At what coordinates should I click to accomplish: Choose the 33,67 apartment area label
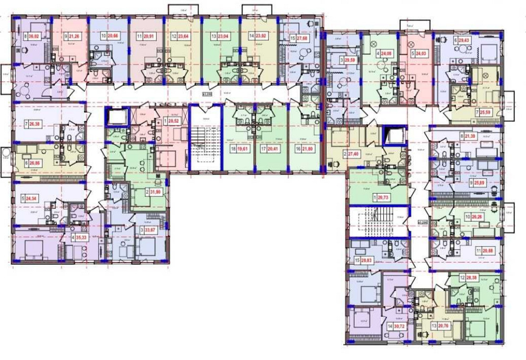point(152,229)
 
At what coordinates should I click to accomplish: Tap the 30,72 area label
point(401,326)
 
